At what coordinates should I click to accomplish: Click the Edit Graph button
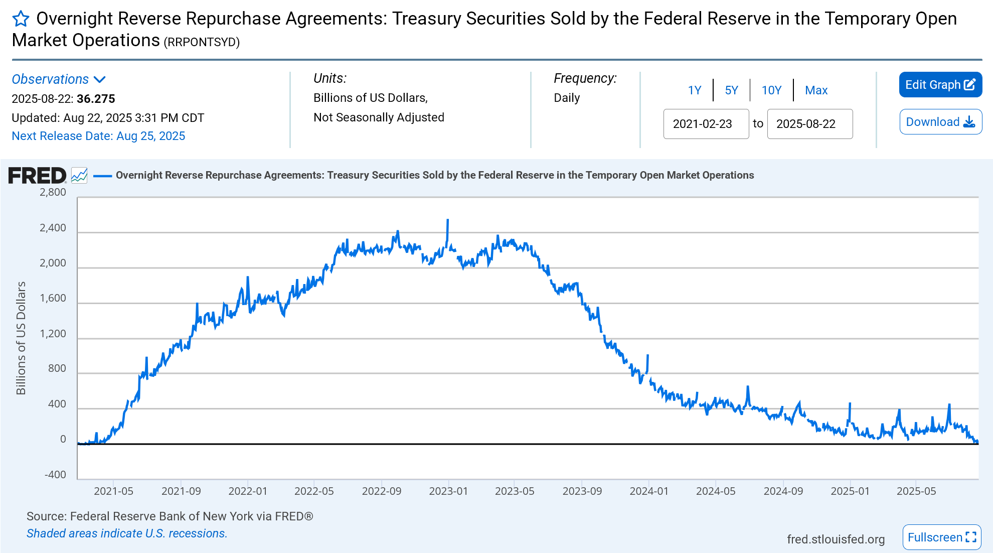pos(940,85)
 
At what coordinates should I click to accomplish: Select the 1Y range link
pos(694,90)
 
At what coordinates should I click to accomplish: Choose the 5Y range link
pos(731,90)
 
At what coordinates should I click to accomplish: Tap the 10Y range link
pos(771,90)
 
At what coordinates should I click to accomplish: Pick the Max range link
pos(816,90)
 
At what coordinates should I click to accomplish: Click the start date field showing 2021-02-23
pos(706,124)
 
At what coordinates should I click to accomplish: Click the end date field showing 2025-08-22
pos(809,124)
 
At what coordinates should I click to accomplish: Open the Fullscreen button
pos(941,537)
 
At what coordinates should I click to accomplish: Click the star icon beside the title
pos(21,19)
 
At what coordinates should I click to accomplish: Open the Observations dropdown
pos(58,79)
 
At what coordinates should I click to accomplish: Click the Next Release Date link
pos(98,136)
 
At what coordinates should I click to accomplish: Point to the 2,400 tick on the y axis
pos(53,228)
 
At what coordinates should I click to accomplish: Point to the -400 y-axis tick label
pos(55,475)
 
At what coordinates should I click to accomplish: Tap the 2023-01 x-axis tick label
pos(448,491)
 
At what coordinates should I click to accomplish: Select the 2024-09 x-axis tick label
pos(783,491)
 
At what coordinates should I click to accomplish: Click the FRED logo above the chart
pos(37,175)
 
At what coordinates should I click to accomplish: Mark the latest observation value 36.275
pos(96,99)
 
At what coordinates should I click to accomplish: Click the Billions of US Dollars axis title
pos(21,338)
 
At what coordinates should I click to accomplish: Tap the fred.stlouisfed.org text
pos(836,539)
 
